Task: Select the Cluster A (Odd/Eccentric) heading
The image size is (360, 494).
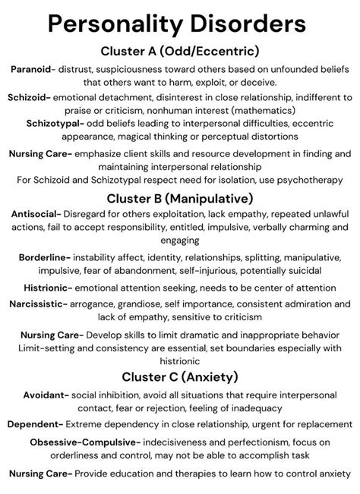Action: pos(180,51)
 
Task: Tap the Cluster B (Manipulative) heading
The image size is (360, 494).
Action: pos(180,199)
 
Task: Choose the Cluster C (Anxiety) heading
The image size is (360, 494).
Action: pos(180,376)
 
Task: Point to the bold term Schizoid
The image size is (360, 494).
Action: pos(29,98)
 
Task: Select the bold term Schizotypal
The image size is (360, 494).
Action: pos(55,123)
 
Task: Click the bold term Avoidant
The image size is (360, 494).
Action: pos(39,395)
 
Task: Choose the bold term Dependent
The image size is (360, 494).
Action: pos(36,425)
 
